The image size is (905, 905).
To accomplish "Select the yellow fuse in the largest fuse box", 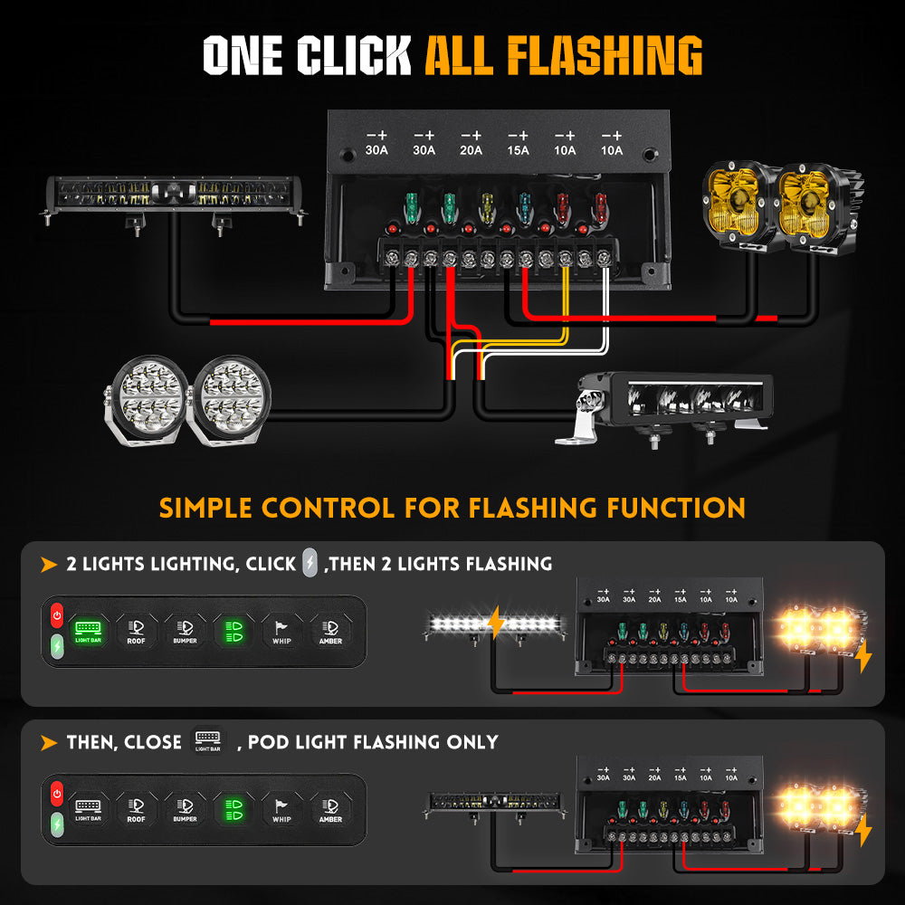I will click(x=488, y=205).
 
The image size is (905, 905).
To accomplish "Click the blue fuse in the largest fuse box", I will click(x=526, y=205).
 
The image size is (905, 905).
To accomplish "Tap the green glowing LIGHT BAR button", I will click(x=88, y=630).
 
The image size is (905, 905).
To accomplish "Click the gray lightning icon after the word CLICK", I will click(x=310, y=563).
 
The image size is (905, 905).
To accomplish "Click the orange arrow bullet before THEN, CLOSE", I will click(x=49, y=743).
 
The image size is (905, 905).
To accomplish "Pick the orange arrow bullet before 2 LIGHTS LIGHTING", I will click(x=49, y=565).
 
